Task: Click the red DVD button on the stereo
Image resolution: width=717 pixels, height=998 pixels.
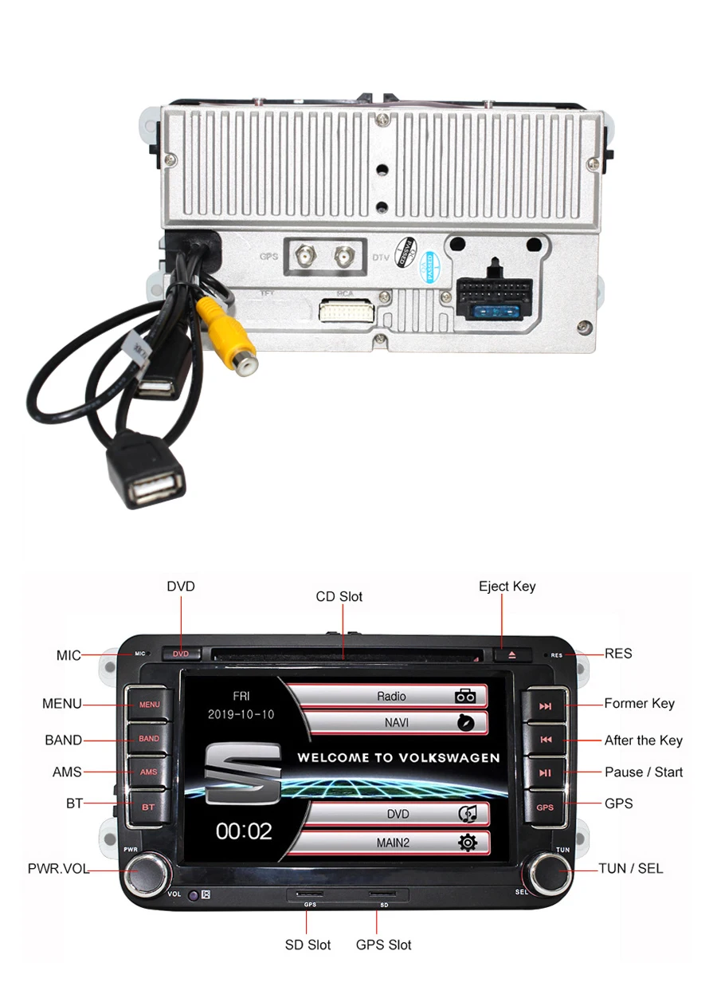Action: [182, 654]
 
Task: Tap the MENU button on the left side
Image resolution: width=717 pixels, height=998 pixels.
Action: [149, 705]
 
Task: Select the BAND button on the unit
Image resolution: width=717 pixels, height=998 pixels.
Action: [149, 739]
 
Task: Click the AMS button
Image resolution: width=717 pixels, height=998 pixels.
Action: [149, 772]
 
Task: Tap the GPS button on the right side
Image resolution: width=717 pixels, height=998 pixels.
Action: [545, 807]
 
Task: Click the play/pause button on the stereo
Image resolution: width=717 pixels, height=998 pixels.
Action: [545, 772]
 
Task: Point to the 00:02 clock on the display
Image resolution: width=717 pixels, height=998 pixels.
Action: [245, 831]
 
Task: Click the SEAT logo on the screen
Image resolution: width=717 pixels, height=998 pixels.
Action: [244, 772]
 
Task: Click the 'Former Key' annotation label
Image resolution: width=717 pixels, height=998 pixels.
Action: [639, 703]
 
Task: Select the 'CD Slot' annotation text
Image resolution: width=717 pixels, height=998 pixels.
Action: [339, 596]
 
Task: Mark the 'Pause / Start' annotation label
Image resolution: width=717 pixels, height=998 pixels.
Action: [644, 772]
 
